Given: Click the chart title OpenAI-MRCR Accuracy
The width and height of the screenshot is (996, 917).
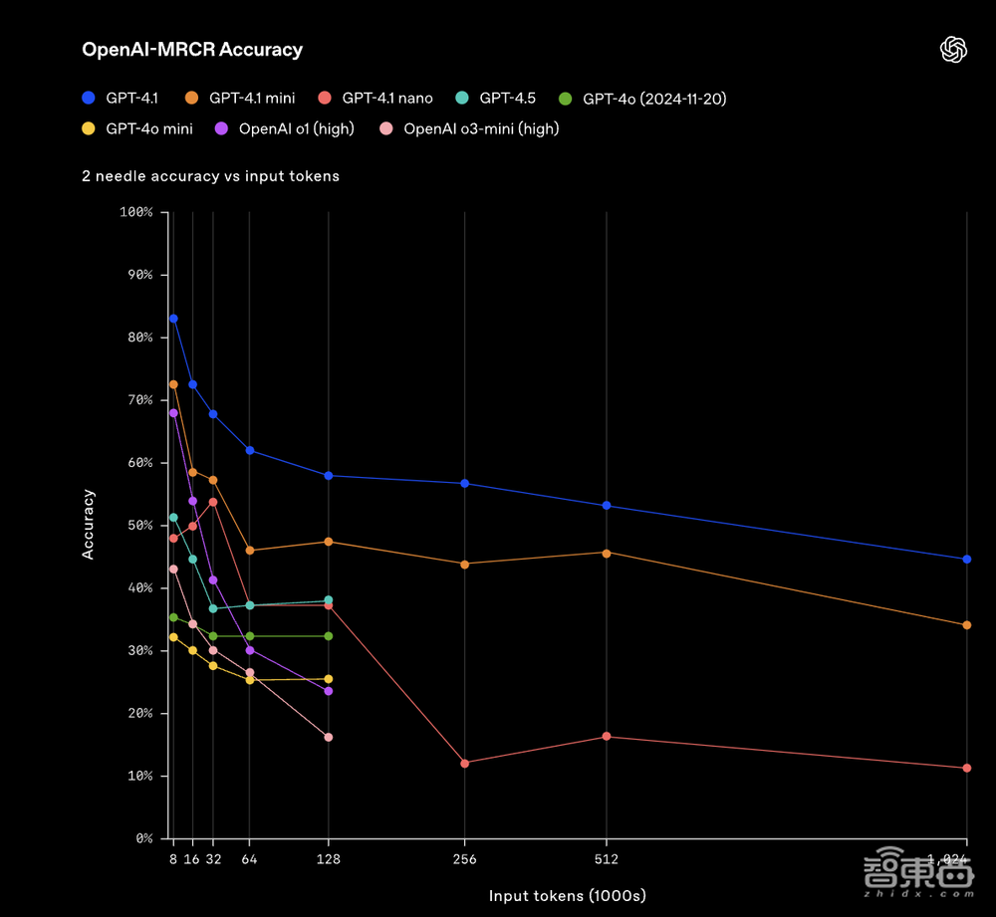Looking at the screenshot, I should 192,49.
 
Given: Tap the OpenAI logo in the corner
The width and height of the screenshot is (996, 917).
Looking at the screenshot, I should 954,50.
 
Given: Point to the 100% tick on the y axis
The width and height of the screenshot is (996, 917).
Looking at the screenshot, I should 135,212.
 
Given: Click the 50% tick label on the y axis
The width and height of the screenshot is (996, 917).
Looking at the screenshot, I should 136,526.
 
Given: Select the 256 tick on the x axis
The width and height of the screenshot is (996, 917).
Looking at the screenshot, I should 465,859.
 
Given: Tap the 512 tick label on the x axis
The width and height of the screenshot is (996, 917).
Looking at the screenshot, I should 607,859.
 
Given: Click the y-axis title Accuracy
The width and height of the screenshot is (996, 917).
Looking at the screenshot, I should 89,524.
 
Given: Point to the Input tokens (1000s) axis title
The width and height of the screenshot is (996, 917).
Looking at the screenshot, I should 560,896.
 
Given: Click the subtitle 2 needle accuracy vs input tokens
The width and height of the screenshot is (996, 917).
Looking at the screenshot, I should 210,176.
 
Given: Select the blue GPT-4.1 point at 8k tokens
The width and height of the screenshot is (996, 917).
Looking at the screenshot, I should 173,319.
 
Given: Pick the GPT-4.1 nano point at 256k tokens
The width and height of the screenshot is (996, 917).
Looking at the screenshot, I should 465,763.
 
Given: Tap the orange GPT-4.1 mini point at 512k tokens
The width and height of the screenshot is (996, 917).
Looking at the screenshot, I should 607,553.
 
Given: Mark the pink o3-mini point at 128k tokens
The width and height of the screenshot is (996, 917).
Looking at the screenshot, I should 328,738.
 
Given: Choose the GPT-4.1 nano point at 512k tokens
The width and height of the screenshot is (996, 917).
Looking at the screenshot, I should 607,737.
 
